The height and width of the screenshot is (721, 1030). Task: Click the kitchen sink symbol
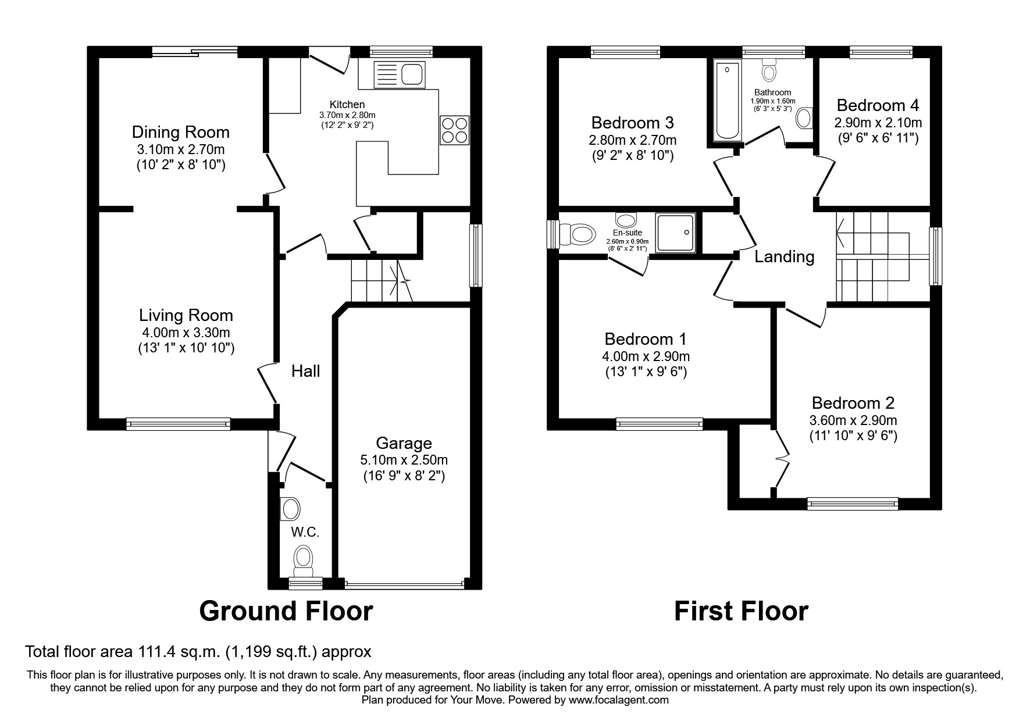point(400,74)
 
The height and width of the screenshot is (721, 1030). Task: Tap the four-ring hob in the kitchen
point(455,130)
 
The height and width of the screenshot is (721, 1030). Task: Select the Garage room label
point(404,443)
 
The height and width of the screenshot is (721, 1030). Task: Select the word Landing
point(784,256)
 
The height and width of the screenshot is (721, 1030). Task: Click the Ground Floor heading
point(286,611)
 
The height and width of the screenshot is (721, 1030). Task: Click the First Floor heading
point(740,611)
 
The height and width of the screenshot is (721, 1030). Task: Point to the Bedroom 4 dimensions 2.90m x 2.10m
point(878,123)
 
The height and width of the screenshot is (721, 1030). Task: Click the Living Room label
point(186,315)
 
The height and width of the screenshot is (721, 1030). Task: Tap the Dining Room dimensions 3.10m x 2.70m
point(180,149)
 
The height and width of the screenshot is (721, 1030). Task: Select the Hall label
point(305,371)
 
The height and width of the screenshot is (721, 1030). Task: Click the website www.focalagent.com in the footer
point(618,700)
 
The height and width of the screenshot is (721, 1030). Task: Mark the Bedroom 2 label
point(853,402)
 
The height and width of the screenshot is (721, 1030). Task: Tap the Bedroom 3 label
point(632,123)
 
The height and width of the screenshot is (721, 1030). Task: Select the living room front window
point(178,424)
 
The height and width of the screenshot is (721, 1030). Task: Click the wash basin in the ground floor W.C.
point(290,509)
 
